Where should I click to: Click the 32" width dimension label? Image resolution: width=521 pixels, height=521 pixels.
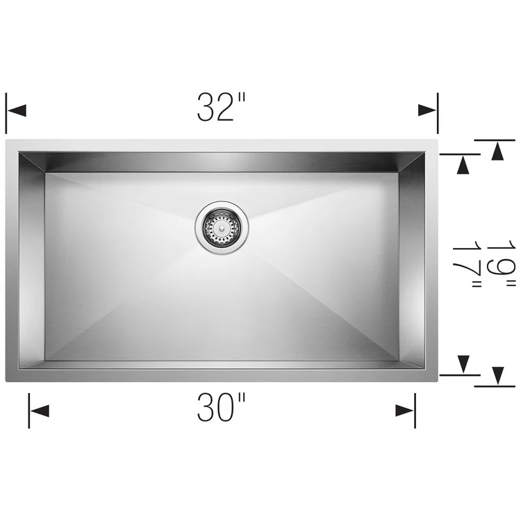click(222, 108)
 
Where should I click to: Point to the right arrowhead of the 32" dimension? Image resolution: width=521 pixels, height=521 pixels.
click(427, 110)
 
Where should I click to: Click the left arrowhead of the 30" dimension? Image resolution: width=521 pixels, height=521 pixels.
click(40, 411)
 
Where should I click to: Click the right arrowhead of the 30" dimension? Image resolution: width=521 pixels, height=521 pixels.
click(405, 411)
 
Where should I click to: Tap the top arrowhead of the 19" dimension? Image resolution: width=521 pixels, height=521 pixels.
click(497, 150)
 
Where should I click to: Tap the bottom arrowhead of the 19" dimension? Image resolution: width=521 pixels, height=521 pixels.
click(497, 376)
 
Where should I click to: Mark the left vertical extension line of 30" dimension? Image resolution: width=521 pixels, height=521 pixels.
click(29, 410)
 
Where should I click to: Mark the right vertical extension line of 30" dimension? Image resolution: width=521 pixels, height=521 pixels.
click(415, 410)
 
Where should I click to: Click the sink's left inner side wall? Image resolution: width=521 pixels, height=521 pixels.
click(32, 264)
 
